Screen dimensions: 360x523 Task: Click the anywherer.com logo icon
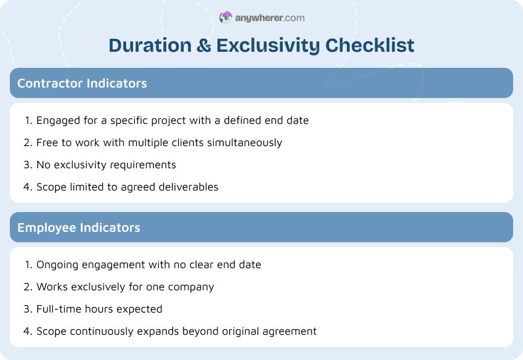[x=225, y=18]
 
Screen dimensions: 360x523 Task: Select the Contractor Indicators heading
[x=82, y=83]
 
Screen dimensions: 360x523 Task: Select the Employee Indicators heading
[x=79, y=227]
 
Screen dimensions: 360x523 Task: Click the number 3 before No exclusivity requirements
[x=28, y=165]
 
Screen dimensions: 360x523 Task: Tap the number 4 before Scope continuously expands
[x=28, y=331]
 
